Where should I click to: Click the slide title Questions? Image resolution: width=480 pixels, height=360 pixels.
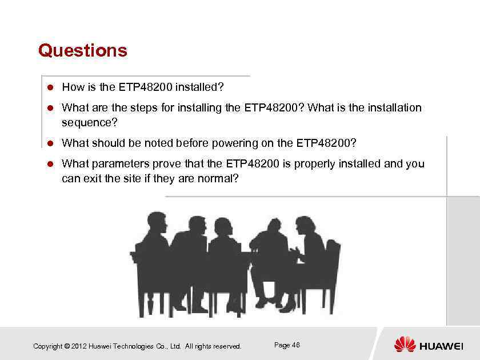[x=82, y=50]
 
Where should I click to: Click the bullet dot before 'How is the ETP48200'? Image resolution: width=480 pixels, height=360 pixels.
[x=50, y=87]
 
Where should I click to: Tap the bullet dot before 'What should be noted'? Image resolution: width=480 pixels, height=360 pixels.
[x=50, y=143]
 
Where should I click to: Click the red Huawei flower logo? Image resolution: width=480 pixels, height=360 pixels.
[x=405, y=344]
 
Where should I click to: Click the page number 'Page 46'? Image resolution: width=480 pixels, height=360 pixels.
[x=287, y=345]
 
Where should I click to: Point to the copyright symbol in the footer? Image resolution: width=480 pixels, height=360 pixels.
[x=67, y=346]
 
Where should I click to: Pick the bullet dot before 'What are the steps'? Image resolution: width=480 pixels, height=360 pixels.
[x=50, y=108]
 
